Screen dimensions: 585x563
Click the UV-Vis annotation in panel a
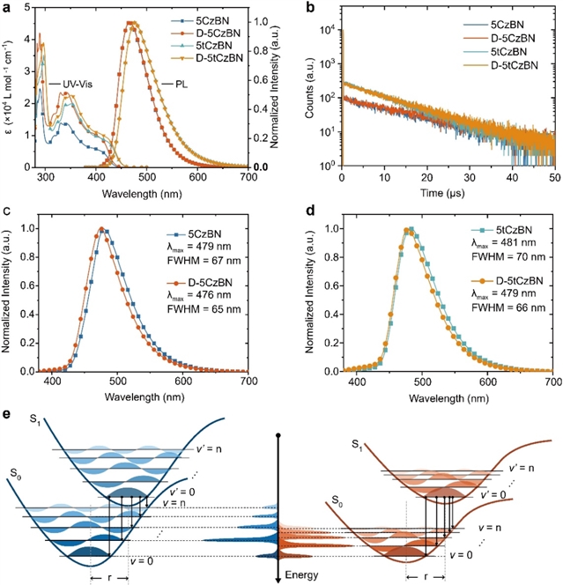click(x=78, y=84)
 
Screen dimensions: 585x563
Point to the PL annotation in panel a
click(x=174, y=84)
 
